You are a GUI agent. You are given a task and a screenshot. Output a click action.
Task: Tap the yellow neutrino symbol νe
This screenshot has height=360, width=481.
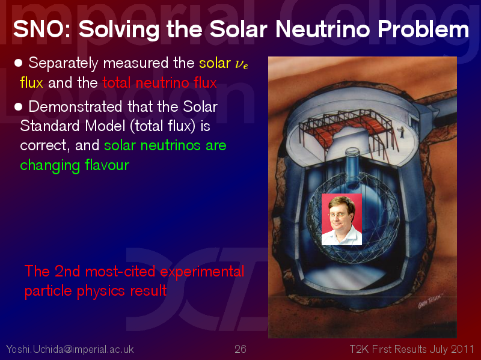pos(242,64)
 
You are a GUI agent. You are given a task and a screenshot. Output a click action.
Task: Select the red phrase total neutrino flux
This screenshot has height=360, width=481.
pos(159,83)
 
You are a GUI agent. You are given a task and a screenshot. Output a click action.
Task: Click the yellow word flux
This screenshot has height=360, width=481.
pos(31,83)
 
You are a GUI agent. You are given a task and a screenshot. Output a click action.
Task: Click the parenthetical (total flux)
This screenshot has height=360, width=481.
pos(162,126)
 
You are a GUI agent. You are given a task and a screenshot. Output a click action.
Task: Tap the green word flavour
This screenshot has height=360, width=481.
pos(107,165)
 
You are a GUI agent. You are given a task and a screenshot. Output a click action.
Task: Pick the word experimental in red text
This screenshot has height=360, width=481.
pos(202,272)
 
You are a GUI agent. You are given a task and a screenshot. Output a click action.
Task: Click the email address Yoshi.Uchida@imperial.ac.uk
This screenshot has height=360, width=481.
pos(70,349)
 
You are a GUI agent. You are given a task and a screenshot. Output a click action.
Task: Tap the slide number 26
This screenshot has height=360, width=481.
pos(240,349)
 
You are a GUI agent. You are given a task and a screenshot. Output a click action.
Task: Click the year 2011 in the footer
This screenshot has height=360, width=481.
pos(462,349)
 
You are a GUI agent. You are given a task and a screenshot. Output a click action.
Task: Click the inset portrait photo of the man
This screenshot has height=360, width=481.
pos(342,219)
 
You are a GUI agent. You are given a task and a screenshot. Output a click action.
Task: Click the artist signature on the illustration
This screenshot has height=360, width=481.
pos(430,301)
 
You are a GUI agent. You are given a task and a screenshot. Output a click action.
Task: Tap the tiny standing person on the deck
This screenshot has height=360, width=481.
pos(402,132)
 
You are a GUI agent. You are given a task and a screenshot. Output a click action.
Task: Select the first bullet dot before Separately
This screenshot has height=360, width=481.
pos(19,63)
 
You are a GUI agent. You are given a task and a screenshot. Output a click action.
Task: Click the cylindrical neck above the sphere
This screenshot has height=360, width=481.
pos(352,166)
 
